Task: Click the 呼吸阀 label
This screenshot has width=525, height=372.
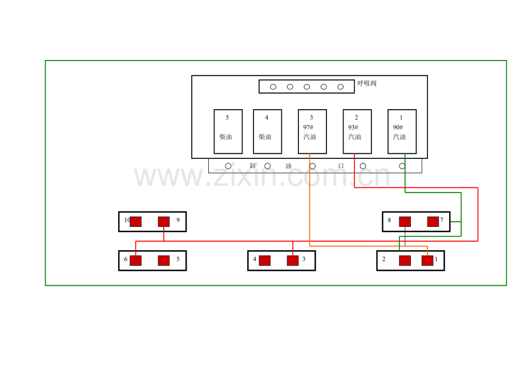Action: point(367,83)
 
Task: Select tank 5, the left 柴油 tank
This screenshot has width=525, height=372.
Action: point(228,131)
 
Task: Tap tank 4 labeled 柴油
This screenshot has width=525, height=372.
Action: point(267,131)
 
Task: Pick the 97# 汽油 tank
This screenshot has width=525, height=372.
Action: point(312,131)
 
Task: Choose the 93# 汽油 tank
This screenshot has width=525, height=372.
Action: point(357,131)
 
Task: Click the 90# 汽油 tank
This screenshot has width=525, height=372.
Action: point(402,131)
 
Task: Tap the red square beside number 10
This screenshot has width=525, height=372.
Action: point(136,222)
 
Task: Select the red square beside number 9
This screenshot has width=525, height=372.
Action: point(164,222)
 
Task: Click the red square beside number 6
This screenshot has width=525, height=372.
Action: point(136,261)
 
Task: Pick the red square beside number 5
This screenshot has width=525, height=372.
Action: point(164,261)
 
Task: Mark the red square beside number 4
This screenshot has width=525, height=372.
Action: point(265,261)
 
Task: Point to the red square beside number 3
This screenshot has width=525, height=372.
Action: point(293,261)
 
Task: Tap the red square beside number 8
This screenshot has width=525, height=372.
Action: point(405,222)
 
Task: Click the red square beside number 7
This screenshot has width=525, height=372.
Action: point(433,222)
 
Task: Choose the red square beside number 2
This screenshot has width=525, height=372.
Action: point(405,261)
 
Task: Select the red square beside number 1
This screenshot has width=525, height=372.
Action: point(427,261)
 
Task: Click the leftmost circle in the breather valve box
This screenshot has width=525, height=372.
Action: point(273,87)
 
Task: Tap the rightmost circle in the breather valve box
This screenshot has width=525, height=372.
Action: point(341,87)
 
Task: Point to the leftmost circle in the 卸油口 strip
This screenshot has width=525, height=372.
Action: point(228,166)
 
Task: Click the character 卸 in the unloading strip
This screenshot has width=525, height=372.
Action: point(253,166)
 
